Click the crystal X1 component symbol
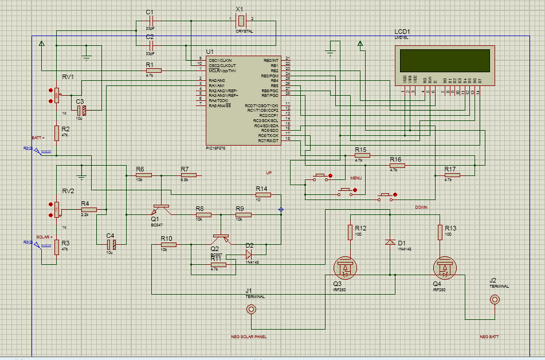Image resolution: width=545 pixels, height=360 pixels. tap(241, 20)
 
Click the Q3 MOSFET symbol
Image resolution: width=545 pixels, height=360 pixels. tap(346, 267)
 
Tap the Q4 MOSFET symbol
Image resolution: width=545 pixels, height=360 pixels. tap(444, 267)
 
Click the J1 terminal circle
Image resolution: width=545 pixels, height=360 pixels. tap(251, 310)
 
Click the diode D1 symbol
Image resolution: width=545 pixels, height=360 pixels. tap(391, 242)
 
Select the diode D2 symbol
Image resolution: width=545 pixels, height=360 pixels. tap(249, 252)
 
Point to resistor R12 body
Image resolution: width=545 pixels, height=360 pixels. tap(350, 232)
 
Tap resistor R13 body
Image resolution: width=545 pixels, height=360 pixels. tap(440, 232)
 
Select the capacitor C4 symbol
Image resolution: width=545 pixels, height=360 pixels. tap(112, 245)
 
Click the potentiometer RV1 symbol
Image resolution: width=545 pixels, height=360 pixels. tap(56, 95)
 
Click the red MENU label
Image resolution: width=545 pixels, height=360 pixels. tap(356, 179)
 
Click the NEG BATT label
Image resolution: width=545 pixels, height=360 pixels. tap(489, 336)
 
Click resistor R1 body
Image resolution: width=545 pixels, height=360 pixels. tap(154, 71)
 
